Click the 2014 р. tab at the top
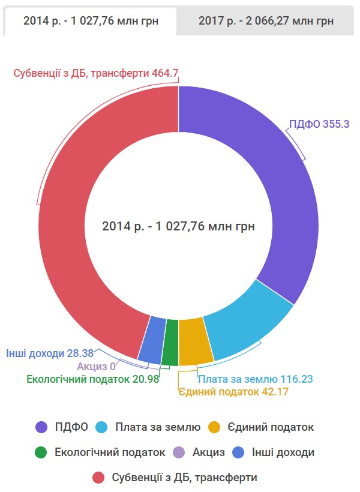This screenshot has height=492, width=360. pyautogui.click(x=91, y=21)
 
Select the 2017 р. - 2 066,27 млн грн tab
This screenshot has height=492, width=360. pyautogui.click(x=266, y=21)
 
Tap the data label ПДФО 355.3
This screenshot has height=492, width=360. pyautogui.click(x=319, y=125)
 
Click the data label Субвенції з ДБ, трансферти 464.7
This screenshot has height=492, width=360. pyautogui.click(x=96, y=73)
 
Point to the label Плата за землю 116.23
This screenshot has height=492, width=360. pyautogui.click(x=256, y=379)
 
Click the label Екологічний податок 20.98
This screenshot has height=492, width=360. pyautogui.click(x=93, y=379)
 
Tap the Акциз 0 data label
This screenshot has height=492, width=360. pyautogui.click(x=96, y=367)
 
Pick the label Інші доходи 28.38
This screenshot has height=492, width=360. pyautogui.click(x=50, y=354)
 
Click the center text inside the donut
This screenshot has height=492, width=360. pyautogui.click(x=178, y=227)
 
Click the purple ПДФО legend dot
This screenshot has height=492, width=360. pyautogui.click(x=42, y=427)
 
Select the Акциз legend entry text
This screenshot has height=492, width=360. pyautogui.click(x=208, y=452)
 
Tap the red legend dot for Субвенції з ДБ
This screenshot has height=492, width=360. pyautogui.click(x=100, y=478)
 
